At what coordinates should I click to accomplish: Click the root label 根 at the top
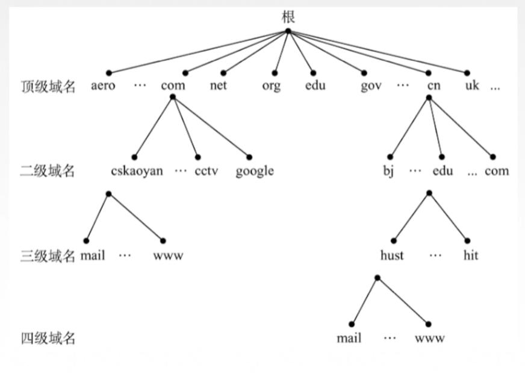tap(288, 17)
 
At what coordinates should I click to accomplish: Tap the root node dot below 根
tap(288, 31)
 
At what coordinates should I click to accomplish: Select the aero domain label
tap(103, 86)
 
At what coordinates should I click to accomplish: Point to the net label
tap(219, 86)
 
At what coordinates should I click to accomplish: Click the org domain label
tap(271, 86)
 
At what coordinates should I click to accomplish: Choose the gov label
tap(371, 86)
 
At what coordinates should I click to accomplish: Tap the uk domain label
tap(472, 85)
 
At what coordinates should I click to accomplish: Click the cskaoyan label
tap(137, 171)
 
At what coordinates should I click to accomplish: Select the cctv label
tap(207, 171)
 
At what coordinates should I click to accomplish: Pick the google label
tap(255, 171)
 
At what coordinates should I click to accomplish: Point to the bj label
tap(388, 171)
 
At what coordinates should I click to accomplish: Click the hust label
tap(392, 255)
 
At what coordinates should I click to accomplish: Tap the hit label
tap(471, 255)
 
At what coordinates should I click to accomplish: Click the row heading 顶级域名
tap(48, 86)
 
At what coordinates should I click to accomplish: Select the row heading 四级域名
tap(48, 338)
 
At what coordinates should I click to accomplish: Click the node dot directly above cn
tap(428, 73)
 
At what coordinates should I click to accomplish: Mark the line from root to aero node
tap(198, 52)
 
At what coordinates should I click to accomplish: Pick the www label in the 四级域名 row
tap(430, 339)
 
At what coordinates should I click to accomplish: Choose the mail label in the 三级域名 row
tap(93, 255)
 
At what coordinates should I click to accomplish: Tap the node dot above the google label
tap(249, 157)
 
